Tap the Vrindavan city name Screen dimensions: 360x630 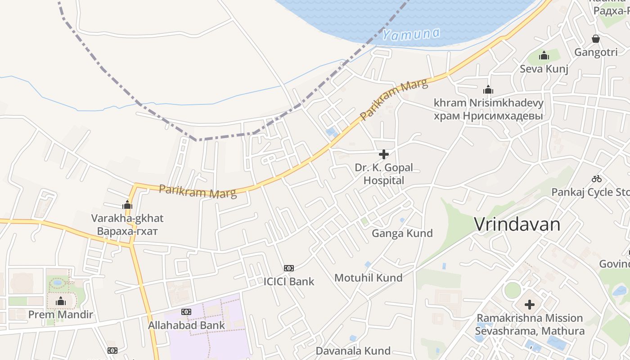click(x=517, y=224)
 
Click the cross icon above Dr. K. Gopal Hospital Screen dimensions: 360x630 click(x=384, y=155)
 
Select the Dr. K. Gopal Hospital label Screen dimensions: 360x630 click(x=384, y=174)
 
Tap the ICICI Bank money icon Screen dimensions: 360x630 click(x=289, y=268)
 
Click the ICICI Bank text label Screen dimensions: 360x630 click(x=289, y=282)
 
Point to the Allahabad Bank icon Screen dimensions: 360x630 click(x=186, y=312)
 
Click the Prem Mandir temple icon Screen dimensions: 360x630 click(x=61, y=301)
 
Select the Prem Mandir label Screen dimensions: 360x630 click(x=61, y=315)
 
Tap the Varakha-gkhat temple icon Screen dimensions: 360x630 click(x=127, y=205)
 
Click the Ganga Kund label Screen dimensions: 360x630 click(x=402, y=233)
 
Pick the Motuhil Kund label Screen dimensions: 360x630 click(x=368, y=278)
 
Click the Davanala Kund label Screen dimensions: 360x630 click(x=353, y=351)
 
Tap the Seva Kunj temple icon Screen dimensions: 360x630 click(x=544, y=56)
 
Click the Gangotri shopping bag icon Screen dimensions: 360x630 click(x=596, y=39)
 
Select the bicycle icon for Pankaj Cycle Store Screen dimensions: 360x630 click(x=597, y=179)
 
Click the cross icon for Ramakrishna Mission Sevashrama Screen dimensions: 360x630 click(x=530, y=305)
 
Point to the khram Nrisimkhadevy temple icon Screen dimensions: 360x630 click(x=488, y=90)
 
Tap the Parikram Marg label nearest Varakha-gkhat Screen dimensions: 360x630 click(x=198, y=191)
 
